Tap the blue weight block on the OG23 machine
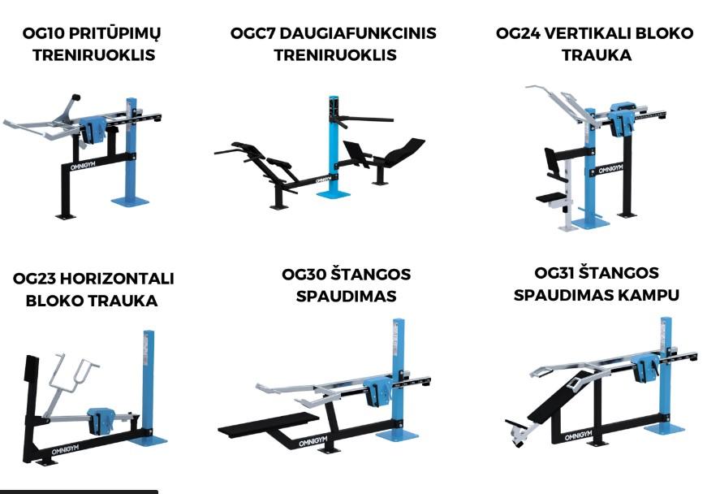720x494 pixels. point(103,420)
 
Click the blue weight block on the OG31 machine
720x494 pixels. point(646,367)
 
